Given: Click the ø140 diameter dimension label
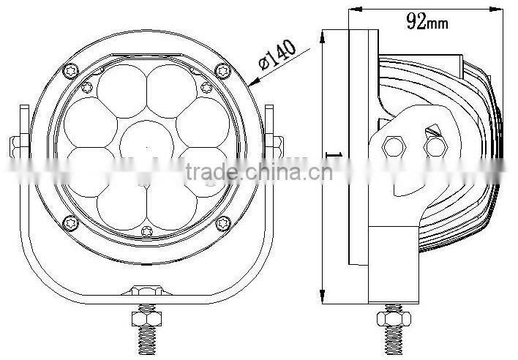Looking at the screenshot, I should [x=276, y=61].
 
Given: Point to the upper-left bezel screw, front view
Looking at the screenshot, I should [x=70, y=70].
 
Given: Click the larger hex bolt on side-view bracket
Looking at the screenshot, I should [x=395, y=146].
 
